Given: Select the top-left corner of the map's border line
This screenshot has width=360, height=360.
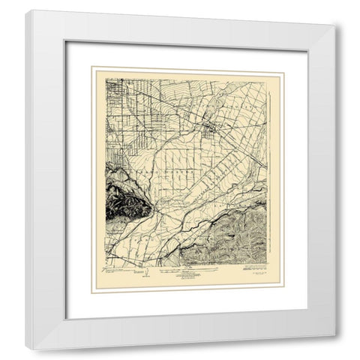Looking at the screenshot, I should [106, 79].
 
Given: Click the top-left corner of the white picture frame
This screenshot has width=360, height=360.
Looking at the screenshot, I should [26, 10].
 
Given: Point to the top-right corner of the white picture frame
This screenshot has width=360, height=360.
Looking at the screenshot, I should [334, 10].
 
